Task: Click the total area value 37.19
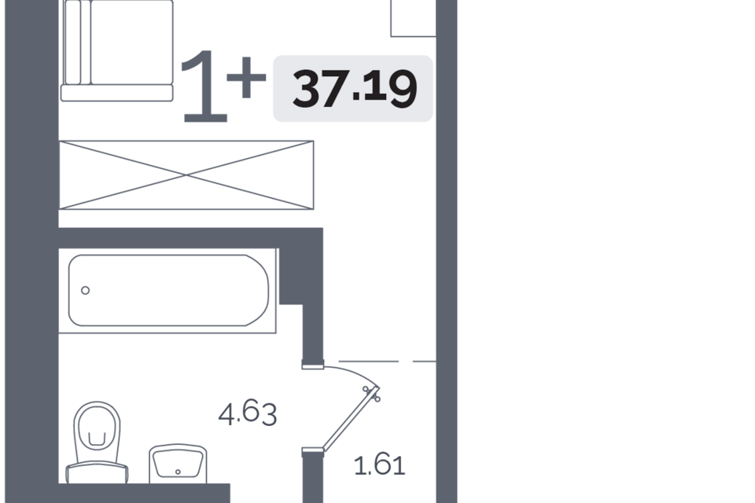353,88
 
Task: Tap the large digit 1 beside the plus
204,88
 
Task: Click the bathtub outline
169,290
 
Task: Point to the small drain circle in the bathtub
86,290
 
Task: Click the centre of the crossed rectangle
187,174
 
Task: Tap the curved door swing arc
354,372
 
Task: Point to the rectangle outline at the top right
413,18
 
